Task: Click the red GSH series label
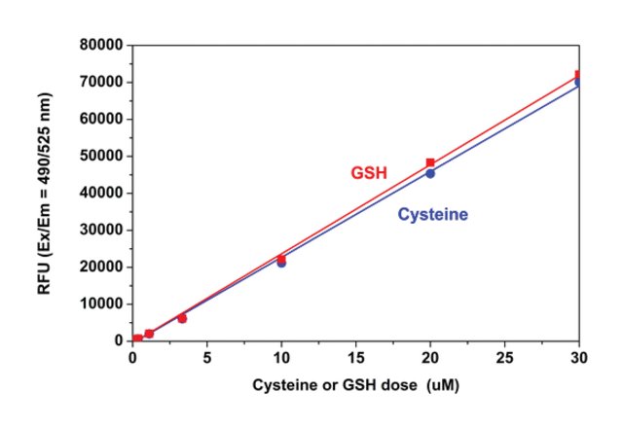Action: point(369,173)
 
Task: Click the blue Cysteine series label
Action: point(433,214)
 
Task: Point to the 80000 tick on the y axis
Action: point(102,45)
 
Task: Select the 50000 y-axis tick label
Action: point(102,156)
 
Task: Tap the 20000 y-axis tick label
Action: point(102,267)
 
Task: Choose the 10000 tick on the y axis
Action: point(102,303)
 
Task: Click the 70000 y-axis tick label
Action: point(102,82)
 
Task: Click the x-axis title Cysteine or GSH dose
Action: point(356,384)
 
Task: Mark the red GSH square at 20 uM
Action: point(430,162)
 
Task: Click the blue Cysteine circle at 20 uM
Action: point(430,173)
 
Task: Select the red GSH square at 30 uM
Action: point(579,74)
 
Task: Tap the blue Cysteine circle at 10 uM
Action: point(281,263)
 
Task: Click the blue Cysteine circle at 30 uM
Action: point(579,83)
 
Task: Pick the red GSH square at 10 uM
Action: point(281,258)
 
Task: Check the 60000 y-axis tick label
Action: point(102,119)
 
